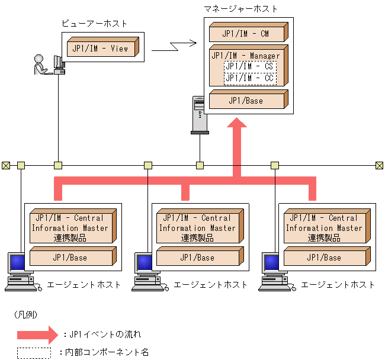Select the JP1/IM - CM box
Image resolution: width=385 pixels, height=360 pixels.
[x=245, y=33]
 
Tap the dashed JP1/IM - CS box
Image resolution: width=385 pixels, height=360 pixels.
[x=249, y=66]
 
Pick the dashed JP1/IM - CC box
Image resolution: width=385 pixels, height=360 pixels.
[x=249, y=78]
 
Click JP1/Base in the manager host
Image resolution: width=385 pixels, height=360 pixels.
[x=245, y=101]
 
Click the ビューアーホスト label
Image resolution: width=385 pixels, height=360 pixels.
[x=95, y=23]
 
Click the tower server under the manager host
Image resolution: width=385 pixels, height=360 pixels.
[x=199, y=115]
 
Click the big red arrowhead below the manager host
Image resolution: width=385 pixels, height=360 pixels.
[x=238, y=126]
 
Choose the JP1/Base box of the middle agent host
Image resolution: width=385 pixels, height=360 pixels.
[x=197, y=258]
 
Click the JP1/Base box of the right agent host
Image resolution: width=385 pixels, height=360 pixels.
[x=324, y=258]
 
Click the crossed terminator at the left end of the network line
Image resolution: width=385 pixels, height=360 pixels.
[x=6, y=165]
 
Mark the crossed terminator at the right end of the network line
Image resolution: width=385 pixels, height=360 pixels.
[x=379, y=165]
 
